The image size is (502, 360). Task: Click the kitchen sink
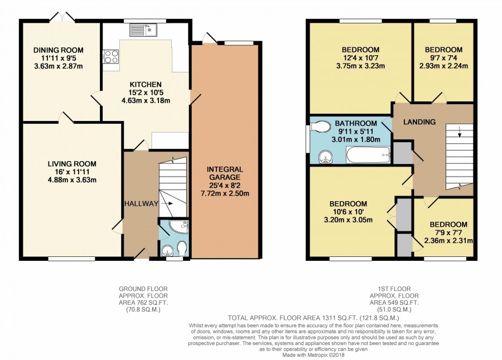143,30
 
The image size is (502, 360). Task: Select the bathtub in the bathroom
368,155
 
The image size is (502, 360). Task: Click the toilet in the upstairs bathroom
320,127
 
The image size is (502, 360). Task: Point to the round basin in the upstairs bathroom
326,157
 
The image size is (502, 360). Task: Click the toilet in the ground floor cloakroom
182,249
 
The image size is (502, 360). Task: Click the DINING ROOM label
59,50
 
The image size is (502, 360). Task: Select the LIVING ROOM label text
72,164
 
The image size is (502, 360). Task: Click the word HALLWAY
141,203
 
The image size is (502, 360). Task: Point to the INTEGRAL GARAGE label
225,173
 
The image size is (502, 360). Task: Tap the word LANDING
419,122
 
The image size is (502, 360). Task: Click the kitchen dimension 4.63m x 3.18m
146,100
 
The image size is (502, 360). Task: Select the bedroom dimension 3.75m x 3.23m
360,66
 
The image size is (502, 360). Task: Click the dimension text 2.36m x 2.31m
448,240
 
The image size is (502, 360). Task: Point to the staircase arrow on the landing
460,132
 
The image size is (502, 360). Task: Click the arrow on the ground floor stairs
167,203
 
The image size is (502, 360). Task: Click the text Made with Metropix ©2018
313,355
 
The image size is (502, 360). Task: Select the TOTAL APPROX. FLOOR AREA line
313,318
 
